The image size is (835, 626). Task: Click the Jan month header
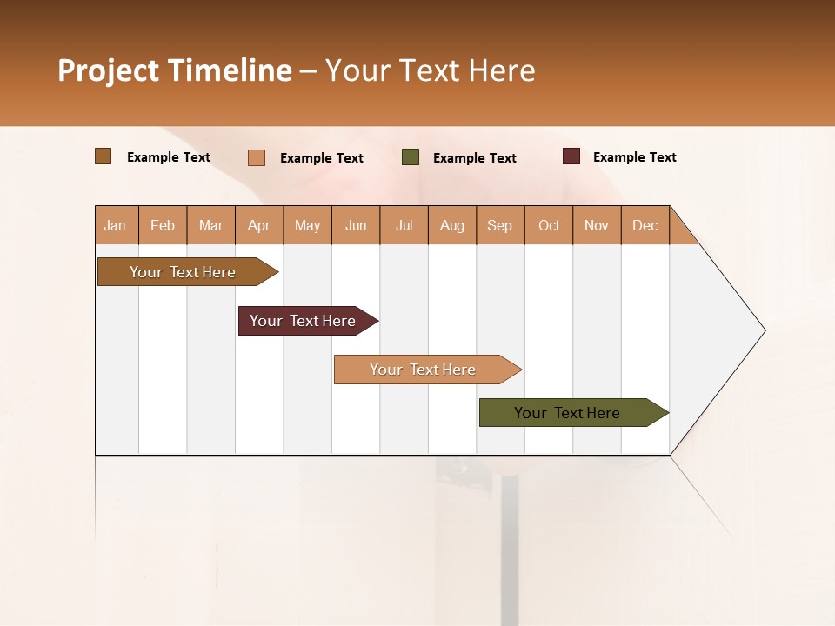click(x=116, y=225)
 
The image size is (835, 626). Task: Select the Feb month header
click(x=163, y=225)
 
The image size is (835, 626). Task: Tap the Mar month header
click(x=210, y=225)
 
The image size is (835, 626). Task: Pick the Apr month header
click(x=259, y=225)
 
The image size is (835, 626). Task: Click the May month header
click(x=307, y=225)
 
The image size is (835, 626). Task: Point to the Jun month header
click(x=356, y=225)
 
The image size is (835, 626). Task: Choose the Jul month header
click(x=404, y=225)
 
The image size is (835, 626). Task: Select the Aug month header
click(x=452, y=225)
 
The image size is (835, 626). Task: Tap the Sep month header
click(x=500, y=225)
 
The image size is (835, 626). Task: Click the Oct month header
click(x=549, y=225)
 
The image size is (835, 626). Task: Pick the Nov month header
click(x=597, y=225)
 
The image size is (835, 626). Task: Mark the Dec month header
click(x=645, y=225)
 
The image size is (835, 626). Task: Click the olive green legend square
click(x=411, y=157)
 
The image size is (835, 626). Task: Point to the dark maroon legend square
click(x=571, y=156)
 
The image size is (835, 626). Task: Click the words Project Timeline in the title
click(x=175, y=70)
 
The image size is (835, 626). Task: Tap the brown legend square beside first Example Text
click(x=104, y=156)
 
